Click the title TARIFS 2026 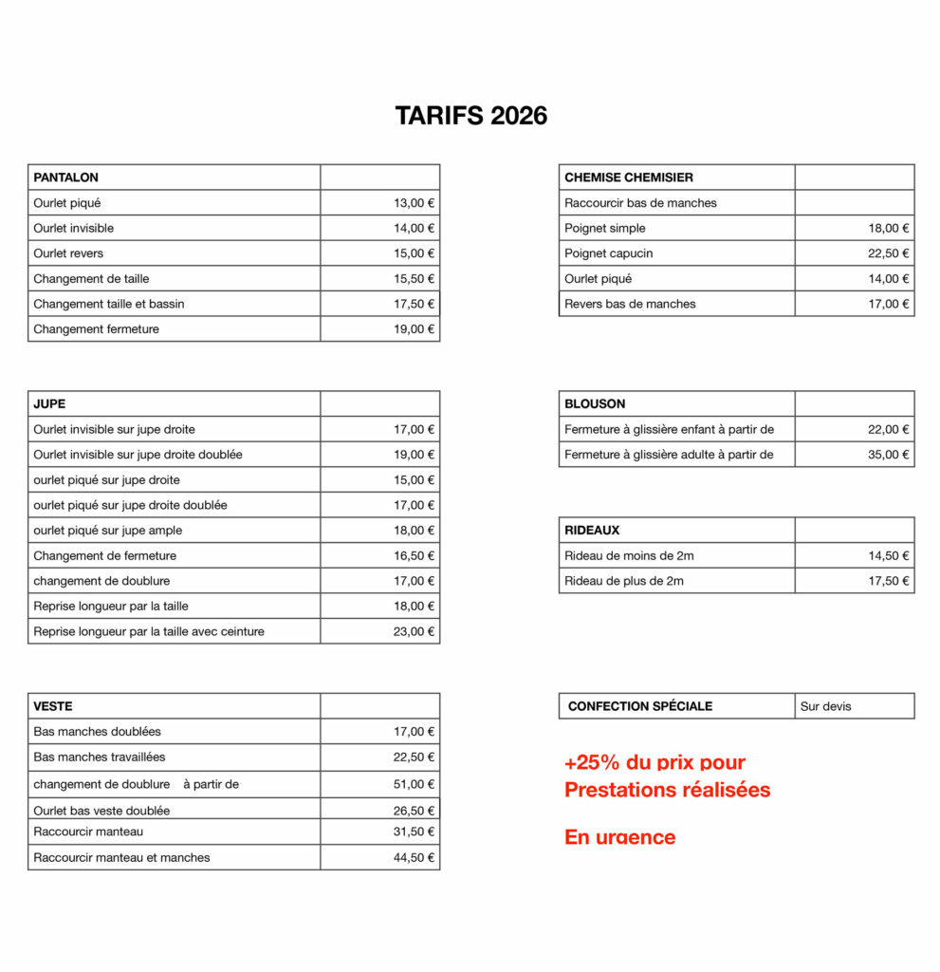(x=470, y=116)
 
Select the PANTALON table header (x=66, y=178)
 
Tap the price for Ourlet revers (x=414, y=253)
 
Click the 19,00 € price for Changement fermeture (x=414, y=329)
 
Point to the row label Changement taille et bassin (x=109, y=304)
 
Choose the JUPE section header (x=49, y=403)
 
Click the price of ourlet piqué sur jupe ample (x=414, y=531)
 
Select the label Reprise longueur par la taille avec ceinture (x=149, y=631)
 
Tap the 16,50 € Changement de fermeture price (x=414, y=555)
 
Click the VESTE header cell (x=53, y=706)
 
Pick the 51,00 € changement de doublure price (x=414, y=784)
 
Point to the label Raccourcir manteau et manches (x=121, y=857)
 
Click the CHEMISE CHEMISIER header (x=629, y=178)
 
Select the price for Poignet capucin (x=888, y=253)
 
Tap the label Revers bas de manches (x=630, y=304)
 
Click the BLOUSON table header (x=595, y=403)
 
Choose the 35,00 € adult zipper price (x=888, y=455)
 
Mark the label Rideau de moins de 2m (x=629, y=555)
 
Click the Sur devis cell (x=825, y=706)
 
